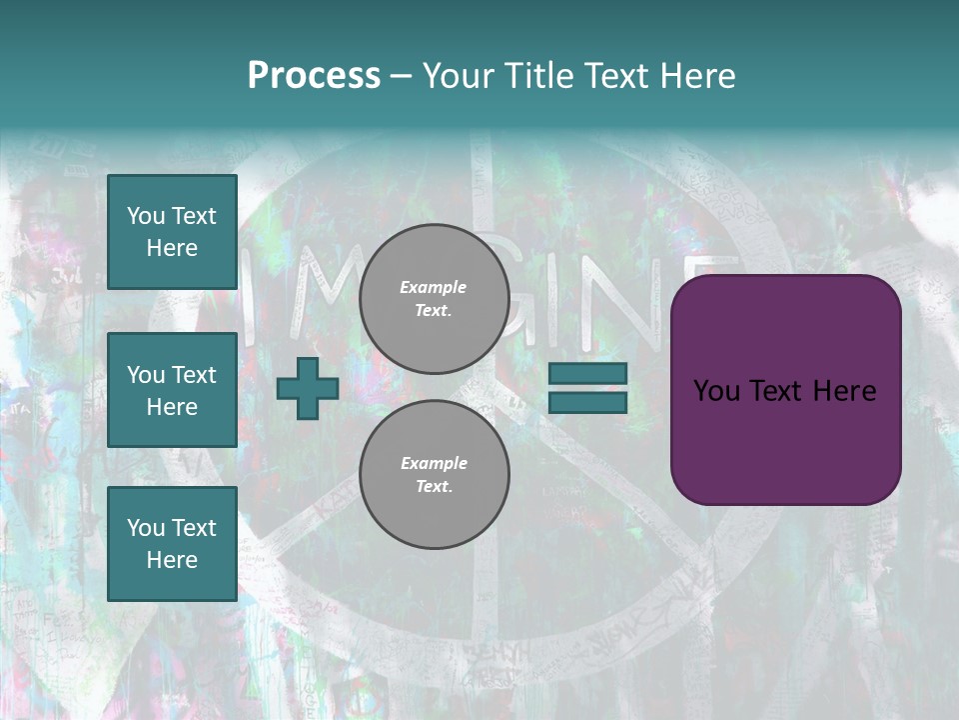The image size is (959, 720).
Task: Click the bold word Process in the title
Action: coord(314,75)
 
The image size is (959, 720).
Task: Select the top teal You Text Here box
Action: coord(172,232)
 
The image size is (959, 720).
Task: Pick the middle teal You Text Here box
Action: coord(172,390)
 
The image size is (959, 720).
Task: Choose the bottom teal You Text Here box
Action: coord(172,543)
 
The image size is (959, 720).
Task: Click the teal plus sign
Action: coord(307,389)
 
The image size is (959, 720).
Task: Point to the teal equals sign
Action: coord(587,388)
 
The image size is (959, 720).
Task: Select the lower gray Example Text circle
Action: coord(434,475)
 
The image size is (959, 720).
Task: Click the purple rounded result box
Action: coord(785,390)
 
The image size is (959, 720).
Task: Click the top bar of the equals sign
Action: coord(587,373)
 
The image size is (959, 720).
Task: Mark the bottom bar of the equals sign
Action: coord(587,402)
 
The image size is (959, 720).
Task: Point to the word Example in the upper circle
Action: coord(434,287)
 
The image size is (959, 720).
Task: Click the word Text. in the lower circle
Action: coord(434,487)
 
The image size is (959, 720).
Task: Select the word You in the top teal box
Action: coord(146,216)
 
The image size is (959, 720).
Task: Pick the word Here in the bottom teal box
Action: coord(172,560)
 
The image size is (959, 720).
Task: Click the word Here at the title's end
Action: coord(698,75)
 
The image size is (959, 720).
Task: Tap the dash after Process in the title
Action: coord(401,76)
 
